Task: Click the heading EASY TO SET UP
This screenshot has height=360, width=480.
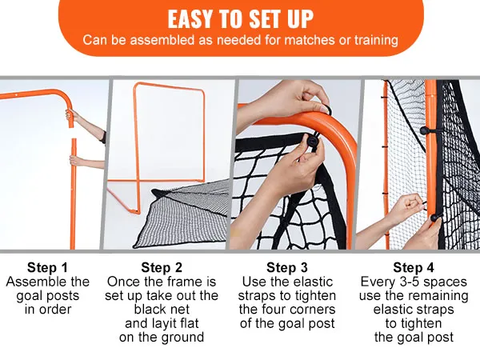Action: [x=241, y=19]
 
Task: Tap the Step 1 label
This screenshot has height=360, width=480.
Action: [x=47, y=267]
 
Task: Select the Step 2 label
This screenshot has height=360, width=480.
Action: [x=162, y=267]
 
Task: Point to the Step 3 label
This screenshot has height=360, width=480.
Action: [x=287, y=267]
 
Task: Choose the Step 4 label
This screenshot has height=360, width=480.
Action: [x=414, y=267]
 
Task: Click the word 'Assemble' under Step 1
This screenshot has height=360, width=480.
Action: [x=34, y=282]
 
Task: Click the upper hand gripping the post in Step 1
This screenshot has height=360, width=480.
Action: [x=72, y=115]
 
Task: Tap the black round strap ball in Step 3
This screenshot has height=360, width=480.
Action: [x=312, y=141]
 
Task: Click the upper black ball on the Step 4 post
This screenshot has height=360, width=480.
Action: [x=424, y=130]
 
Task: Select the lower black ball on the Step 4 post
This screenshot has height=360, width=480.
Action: [x=434, y=218]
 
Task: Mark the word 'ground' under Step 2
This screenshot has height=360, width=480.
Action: [x=183, y=338]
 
